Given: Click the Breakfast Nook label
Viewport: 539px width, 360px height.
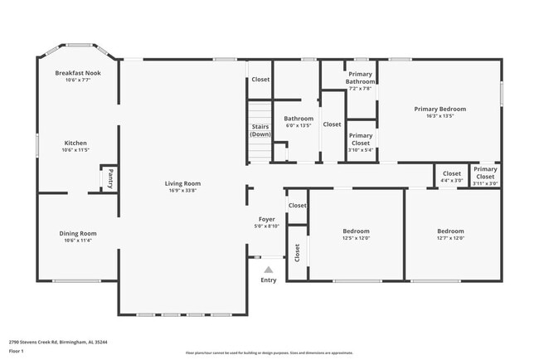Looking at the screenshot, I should tap(78, 73).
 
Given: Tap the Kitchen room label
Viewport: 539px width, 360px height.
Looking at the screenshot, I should tap(75, 143).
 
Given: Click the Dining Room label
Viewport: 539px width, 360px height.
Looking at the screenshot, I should tap(77, 233).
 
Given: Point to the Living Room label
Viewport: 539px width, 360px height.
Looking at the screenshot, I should tap(182, 183).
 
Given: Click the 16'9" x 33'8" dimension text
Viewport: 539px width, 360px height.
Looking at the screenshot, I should tap(182, 191).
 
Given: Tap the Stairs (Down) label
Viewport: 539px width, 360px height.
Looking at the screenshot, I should tap(260, 130).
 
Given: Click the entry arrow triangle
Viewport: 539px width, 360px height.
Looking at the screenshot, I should tap(268, 270).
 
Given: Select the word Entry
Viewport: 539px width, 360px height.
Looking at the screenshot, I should tap(269, 280).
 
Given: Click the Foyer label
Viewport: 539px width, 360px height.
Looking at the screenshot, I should tap(266, 219).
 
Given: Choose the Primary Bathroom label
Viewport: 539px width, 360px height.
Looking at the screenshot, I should tap(360, 78).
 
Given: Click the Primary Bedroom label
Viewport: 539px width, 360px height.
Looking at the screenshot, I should tap(440, 109).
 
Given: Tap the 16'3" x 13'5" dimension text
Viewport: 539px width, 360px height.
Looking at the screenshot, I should tap(440, 116).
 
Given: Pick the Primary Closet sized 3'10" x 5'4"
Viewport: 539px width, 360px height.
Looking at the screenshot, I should tap(360, 139).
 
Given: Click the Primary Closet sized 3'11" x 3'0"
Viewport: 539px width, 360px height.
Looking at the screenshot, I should tap(485, 173).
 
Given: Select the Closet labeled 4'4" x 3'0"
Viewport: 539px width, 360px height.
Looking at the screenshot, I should tap(451, 173).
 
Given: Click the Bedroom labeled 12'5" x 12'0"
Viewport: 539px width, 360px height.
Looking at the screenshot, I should tap(356, 231).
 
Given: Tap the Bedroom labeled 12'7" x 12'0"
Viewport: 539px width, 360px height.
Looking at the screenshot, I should tap(450, 231).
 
